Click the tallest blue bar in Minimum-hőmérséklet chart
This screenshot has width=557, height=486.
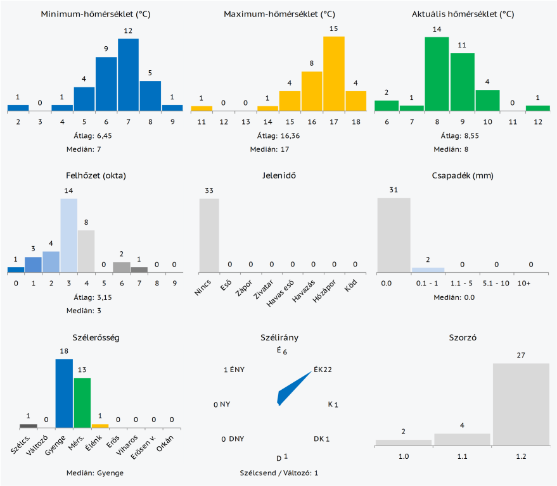128,75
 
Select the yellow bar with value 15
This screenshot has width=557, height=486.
334,73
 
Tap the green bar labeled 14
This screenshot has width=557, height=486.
437,74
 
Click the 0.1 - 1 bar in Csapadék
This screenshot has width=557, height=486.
428,270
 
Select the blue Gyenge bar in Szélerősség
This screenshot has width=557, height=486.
64,393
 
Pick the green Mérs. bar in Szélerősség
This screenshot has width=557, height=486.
82,402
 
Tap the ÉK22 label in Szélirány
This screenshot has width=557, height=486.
323,370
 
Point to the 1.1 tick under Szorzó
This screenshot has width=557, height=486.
462,456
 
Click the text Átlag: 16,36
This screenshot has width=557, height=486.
274,135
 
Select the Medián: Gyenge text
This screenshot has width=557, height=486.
95,473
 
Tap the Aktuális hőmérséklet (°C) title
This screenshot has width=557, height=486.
463,14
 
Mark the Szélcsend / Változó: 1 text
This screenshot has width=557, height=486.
279,473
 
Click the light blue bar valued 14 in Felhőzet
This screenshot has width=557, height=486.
69,235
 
